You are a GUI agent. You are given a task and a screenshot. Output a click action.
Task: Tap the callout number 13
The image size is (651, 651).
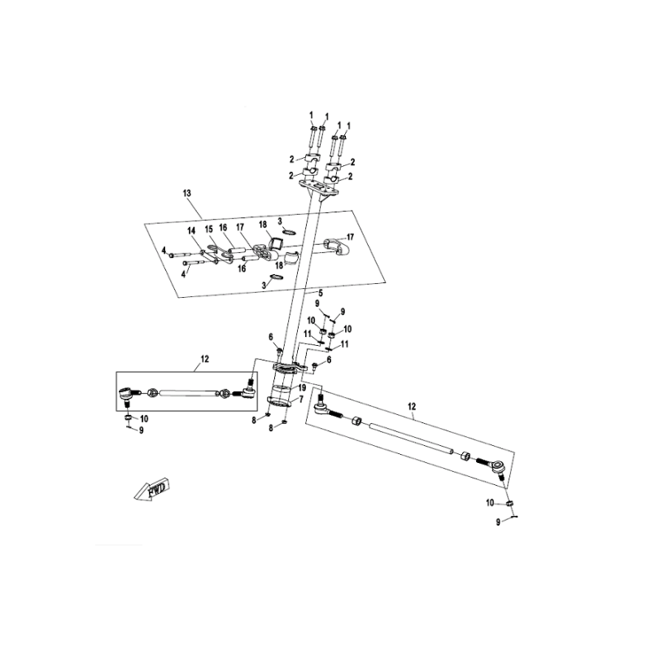[x=187, y=193]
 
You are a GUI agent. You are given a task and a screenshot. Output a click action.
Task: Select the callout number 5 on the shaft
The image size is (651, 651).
[x=321, y=293]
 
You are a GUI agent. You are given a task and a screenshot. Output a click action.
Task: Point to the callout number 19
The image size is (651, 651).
[x=302, y=388]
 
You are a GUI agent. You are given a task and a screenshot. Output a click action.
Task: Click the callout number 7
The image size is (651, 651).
[x=301, y=399]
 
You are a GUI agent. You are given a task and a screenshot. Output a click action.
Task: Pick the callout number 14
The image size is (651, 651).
[x=191, y=231]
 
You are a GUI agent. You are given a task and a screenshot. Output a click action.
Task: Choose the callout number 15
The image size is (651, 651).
[x=209, y=229]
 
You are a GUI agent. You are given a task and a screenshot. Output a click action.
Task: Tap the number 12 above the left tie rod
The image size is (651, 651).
[x=205, y=359]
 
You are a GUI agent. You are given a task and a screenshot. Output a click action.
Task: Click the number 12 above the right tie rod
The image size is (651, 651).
[x=412, y=406]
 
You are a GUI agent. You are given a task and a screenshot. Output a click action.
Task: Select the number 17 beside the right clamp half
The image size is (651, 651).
[x=350, y=237]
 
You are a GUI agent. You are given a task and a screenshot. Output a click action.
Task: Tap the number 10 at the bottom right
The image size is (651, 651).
[x=490, y=503]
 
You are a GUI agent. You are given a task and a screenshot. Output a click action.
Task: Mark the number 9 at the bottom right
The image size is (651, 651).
[x=498, y=522]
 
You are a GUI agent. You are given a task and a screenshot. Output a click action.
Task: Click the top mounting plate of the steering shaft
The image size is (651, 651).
[x=319, y=188]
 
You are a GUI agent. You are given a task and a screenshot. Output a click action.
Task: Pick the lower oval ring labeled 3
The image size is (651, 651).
[x=277, y=277]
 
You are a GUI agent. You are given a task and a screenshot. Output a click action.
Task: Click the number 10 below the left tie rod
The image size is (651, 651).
[x=144, y=419]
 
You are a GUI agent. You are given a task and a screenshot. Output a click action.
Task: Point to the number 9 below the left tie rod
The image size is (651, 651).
[x=141, y=430]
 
